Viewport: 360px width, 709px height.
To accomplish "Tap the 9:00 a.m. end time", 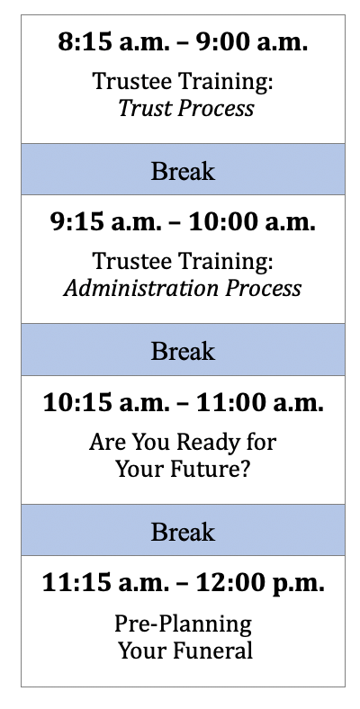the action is [x=251, y=42].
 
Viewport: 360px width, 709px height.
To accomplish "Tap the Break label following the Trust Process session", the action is [x=183, y=171].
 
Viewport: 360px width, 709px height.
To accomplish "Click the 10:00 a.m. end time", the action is [x=251, y=222].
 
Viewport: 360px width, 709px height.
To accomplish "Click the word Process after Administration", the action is [x=264, y=289].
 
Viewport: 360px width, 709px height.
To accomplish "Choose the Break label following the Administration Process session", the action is [x=183, y=351].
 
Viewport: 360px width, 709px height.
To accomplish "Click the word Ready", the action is [x=211, y=442].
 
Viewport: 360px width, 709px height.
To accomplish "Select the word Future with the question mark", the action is [x=210, y=469].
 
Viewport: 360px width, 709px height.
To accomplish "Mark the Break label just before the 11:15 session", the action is [x=183, y=532].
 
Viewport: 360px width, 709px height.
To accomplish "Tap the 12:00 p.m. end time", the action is [x=260, y=584].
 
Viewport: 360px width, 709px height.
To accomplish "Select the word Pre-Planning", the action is [x=184, y=624].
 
